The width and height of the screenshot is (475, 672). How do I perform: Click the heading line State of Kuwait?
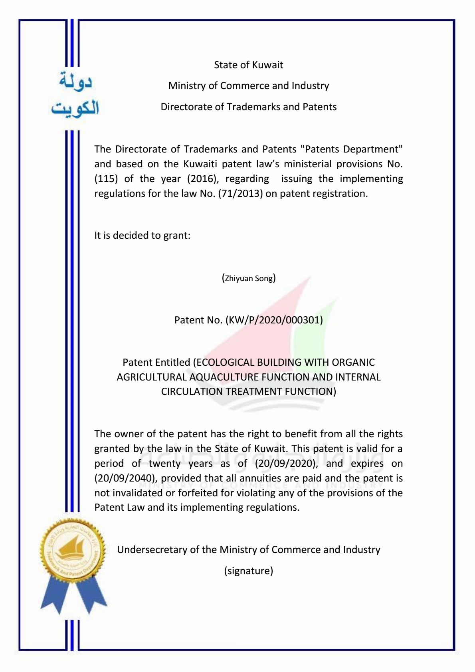click(x=248, y=65)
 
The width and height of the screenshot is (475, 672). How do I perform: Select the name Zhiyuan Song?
click(x=249, y=278)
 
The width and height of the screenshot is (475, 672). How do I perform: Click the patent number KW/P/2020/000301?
click(x=274, y=320)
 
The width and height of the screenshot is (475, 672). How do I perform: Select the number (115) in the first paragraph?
click(x=106, y=178)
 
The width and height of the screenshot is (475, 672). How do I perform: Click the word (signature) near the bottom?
click(x=249, y=571)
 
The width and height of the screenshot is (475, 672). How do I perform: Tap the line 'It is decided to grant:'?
click(x=142, y=235)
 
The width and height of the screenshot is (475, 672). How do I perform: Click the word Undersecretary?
click(x=152, y=549)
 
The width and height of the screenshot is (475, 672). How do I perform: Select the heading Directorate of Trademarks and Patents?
click(x=249, y=107)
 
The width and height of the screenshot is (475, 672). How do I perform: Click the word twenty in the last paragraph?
click(x=164, y=463)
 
